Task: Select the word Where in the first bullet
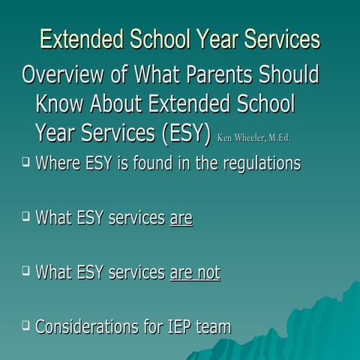[57, 163]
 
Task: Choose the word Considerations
[91, 327]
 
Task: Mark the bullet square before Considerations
[25, 325]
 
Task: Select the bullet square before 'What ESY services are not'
[25, 270]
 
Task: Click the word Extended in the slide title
[84, 39]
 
